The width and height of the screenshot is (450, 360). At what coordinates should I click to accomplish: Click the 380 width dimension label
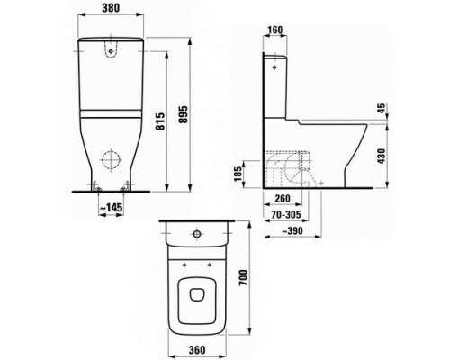(111, 8)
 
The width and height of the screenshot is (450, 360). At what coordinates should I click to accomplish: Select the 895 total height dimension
(183, 114)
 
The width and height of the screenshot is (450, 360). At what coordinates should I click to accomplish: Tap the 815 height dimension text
(161, 121)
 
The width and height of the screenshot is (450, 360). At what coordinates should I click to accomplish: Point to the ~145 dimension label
(112, 207)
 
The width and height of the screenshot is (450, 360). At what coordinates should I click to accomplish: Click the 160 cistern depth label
(274, 30)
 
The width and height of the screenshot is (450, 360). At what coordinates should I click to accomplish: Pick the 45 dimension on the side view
(381, 109)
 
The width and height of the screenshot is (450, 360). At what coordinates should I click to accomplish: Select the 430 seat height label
(381, 156)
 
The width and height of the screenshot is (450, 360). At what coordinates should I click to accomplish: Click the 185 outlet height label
(238, 174)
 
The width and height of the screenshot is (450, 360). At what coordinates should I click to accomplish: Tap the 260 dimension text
(283, 198)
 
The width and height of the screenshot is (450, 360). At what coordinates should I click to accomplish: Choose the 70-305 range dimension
(286, 215)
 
